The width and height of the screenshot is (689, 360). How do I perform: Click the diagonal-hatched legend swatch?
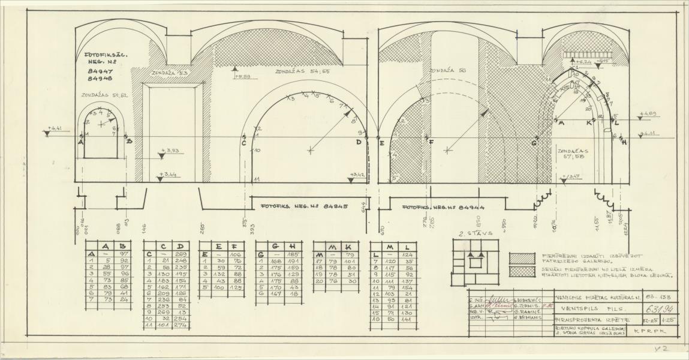click(x=522, y=257)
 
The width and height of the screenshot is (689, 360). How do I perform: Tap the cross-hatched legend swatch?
click(x=522, y=271)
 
